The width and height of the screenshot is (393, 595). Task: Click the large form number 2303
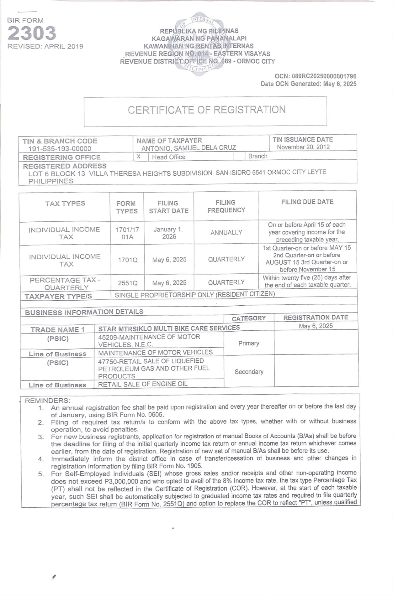(32, 33)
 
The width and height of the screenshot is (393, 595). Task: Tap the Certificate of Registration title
(206, 110)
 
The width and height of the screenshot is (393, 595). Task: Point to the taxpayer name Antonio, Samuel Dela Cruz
(189, 148)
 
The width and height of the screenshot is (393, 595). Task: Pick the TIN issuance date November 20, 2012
(303, 147)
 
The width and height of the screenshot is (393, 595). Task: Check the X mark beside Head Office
(139, 156)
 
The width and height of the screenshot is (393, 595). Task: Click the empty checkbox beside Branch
(240, 156)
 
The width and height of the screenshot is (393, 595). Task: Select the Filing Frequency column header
(226, 206)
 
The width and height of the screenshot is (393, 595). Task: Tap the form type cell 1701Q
(127, 260)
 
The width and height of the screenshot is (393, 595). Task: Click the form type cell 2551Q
(127, 283)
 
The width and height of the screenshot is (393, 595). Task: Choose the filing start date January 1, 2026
(168, 233)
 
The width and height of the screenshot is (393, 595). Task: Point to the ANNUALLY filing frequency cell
(226, 232)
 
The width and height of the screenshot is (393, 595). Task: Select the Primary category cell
(249, 343)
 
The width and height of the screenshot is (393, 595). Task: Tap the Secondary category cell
(249, 372)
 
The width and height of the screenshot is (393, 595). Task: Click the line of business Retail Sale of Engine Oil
(143, 384)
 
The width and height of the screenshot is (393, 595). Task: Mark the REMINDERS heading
(47, 401)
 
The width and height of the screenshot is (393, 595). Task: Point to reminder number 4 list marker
(41, 459)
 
